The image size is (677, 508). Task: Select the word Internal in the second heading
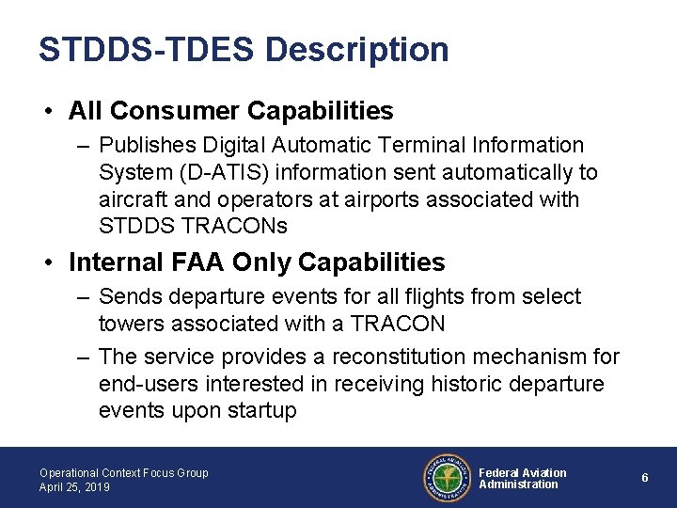pyautogui.click(x=115, y=261)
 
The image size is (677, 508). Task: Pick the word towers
pyautogui.click(x=130, y=324)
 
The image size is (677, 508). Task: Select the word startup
pyautogui.click(x=261, y=411)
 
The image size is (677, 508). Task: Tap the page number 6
pyautogui.click(x=645, y=478)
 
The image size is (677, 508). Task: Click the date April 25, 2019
pyautogui.click(x=74, y=487)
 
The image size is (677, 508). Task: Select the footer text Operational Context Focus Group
pyautogui.click(x=123, y=472)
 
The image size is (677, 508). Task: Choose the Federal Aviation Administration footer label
pyautogui.click(x=522, y=478)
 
